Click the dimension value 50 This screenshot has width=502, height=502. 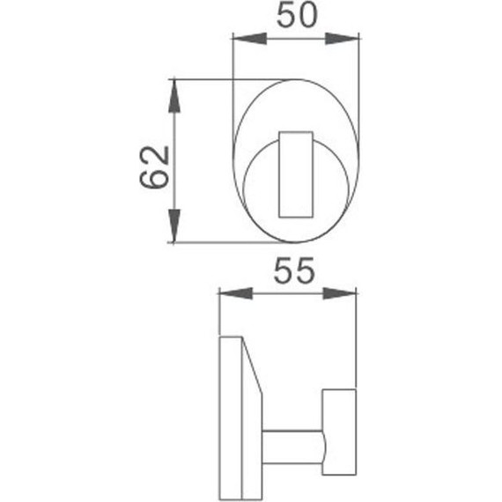click(x=296, y=17)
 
